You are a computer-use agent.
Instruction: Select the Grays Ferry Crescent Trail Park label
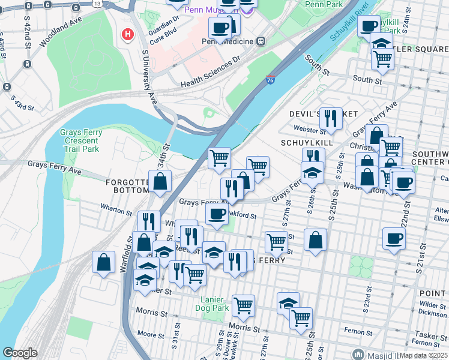[x=80, y=140]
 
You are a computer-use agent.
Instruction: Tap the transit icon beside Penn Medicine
[x=261, y=41]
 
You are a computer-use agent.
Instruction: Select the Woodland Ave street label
[x=61, y=35]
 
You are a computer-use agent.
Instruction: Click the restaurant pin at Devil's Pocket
[x=331, y=118]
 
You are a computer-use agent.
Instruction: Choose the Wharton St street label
[x=116, y=211]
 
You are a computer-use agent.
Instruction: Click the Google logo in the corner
[x=20, y=353]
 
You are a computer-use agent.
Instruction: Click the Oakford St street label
[x=243, y=215]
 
